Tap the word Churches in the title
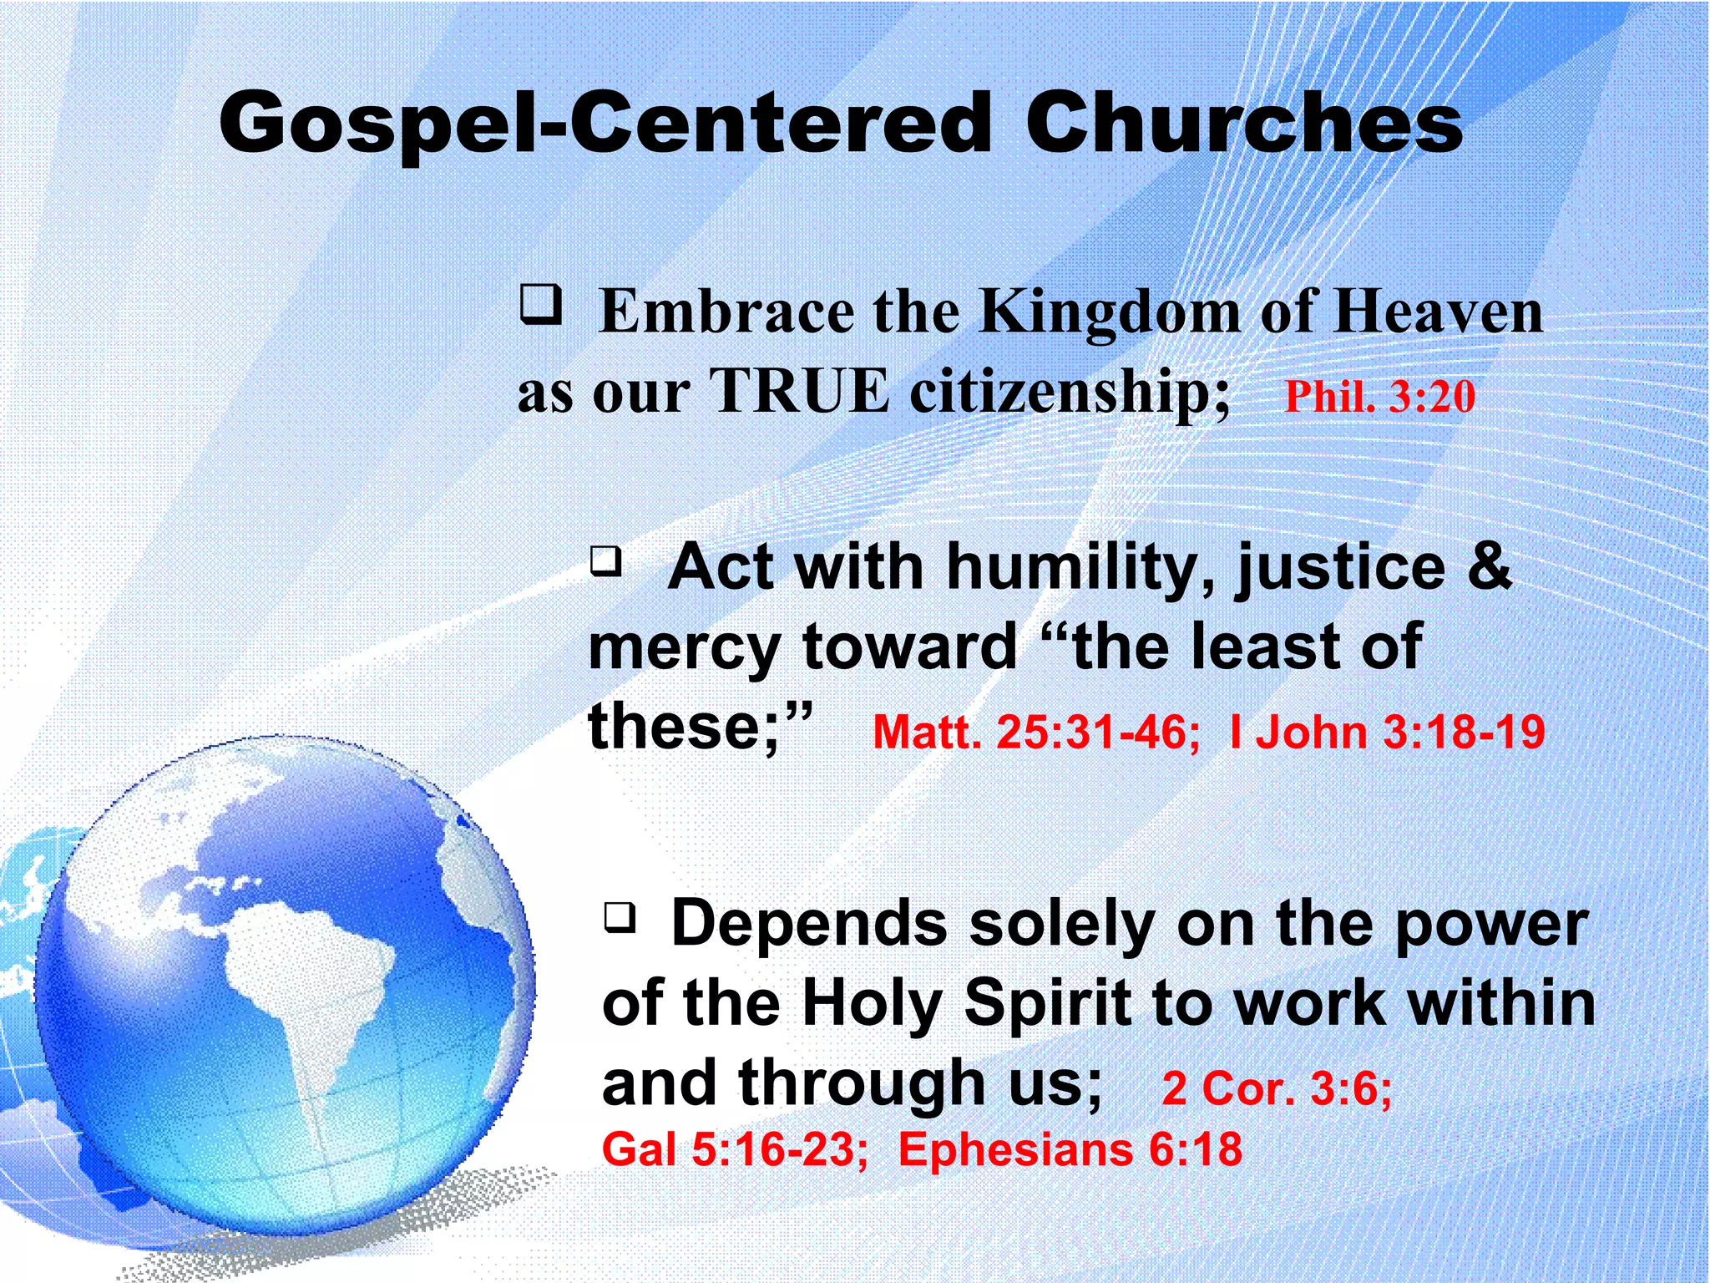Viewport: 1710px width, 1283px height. [x=1243, y=124]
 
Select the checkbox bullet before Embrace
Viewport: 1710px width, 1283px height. [x=540, y=304]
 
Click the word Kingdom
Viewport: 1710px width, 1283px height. [x=1110, y=312]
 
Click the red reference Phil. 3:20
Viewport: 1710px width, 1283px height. [x=1379, y=396]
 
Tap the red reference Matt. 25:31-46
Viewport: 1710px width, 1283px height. [x=1035, y=732]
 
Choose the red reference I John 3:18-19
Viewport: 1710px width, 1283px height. [x=1387, y=732]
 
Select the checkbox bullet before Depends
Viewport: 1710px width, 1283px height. [x=620, y=917]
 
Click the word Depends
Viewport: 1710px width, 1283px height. [x=808, y=924]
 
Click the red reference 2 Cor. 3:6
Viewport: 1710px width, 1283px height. [x=1276, y=1088]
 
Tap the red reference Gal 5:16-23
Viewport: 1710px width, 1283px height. [x=734, y=1149]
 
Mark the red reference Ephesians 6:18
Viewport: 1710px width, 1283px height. [x=1070, y=1149]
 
